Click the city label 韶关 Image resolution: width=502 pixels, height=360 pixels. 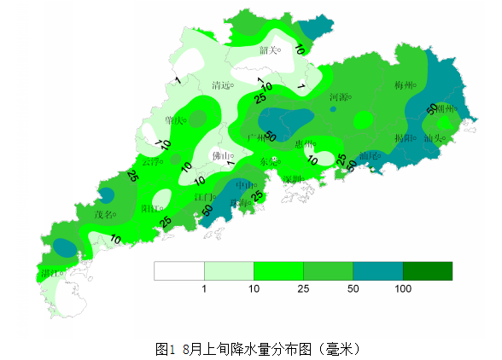(268, 50)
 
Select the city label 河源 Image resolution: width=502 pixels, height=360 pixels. (340, 97)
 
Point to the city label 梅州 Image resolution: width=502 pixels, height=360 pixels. (404, 86)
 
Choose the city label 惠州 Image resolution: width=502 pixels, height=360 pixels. (304, 144)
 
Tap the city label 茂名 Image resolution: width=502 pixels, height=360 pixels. (103, 215)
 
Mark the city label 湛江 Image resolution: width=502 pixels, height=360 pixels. (50, 274)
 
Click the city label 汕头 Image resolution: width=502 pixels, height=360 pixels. (433, 137)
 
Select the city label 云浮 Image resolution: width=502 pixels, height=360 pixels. (150, 162)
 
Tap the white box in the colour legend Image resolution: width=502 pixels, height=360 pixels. (179, 271)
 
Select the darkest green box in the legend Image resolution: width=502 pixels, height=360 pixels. (427, 271)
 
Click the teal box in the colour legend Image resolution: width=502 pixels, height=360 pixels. (377, 271)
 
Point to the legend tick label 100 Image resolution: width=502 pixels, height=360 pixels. (403, 290)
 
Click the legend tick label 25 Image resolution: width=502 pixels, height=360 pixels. (304, 290)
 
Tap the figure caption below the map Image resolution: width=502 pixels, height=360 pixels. (250, 349)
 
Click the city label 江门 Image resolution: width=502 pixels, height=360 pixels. (203, 198)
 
